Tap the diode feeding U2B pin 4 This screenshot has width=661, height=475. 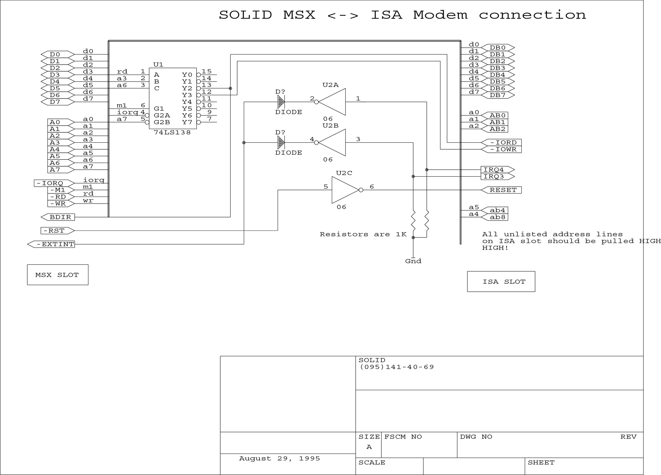281,143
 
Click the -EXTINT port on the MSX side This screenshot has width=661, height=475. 51,245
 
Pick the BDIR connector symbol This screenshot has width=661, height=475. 58,217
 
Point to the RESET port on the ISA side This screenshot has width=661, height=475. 501,190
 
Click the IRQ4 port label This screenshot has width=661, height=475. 498,170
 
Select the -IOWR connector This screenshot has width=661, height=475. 501,149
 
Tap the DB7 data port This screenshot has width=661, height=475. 498,95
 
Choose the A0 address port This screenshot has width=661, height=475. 61,122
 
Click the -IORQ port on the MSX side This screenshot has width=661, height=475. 54,183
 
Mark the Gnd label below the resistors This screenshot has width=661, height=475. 413,261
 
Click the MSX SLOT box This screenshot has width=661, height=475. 57,275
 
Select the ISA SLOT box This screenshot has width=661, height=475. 501,282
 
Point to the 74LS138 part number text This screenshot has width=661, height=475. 172,132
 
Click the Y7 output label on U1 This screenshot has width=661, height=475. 187,122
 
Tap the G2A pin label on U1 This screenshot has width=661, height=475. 162,115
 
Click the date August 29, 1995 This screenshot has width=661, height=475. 279,459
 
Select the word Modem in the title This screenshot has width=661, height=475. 440,15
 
